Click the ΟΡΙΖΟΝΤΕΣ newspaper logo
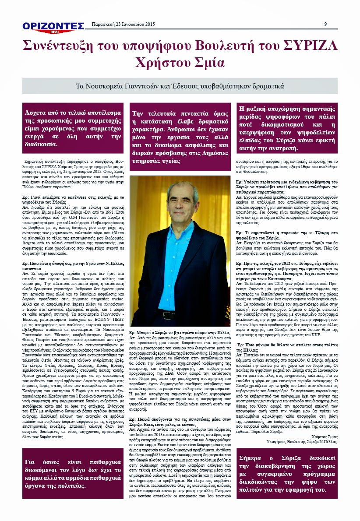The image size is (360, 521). [x=53, y=25]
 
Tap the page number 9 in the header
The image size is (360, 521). [x=326, y=24]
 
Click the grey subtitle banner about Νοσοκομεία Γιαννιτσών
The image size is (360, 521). [x=180, y=86]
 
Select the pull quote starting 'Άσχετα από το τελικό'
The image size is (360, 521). [x=72, y=127]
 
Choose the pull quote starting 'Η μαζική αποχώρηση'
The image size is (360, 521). [x=286, y=128]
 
